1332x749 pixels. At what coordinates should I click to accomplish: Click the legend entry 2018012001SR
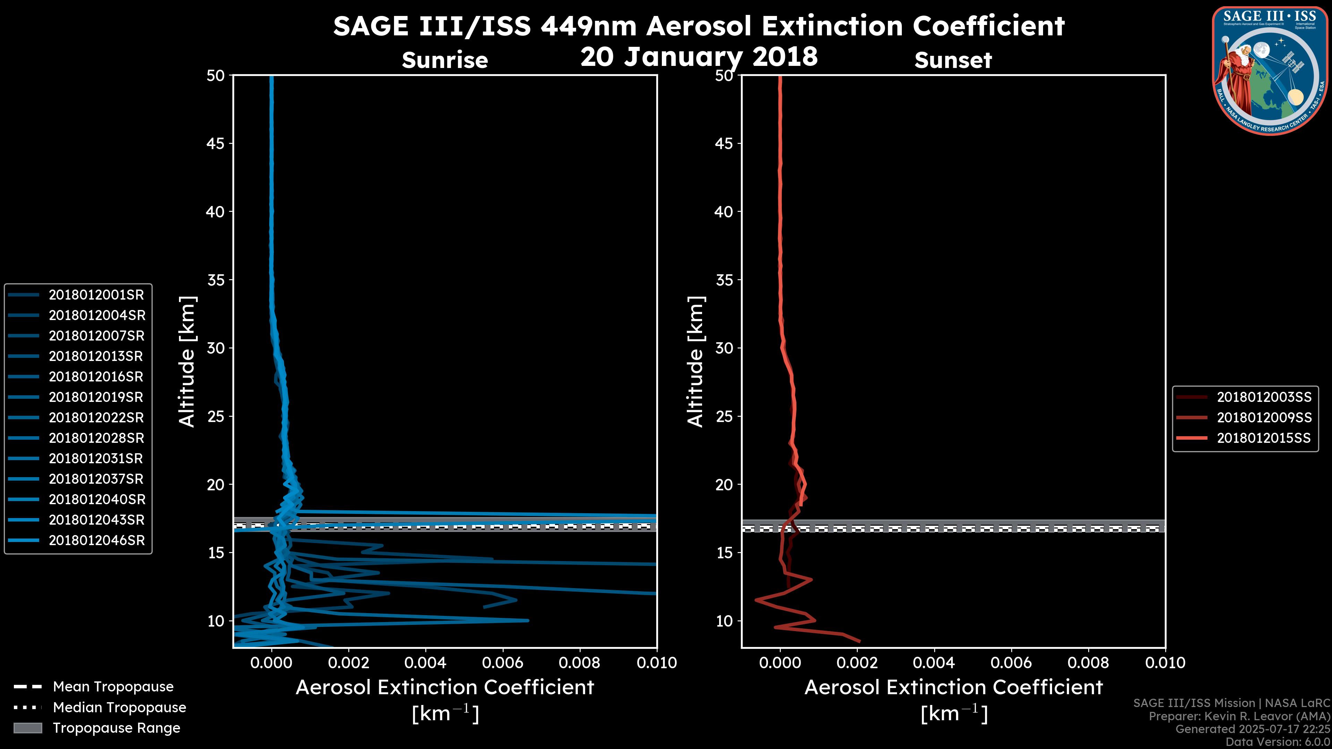96,295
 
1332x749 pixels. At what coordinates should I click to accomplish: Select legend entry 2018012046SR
96,541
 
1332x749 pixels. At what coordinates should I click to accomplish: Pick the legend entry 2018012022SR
96,417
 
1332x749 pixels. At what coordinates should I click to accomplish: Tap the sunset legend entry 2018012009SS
1264,417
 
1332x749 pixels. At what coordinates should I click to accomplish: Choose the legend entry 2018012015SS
1263,438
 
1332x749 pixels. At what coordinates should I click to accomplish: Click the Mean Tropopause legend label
113,687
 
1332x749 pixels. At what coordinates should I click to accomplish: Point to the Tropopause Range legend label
116,728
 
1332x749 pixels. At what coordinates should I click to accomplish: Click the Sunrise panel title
445,60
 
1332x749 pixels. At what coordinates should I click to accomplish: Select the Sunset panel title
953,60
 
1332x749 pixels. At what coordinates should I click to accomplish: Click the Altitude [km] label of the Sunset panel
695,362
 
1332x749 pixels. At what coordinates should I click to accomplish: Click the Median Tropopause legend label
119,708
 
